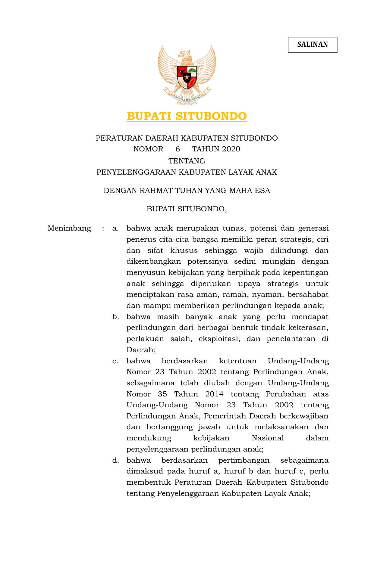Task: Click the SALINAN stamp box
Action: (313, 45)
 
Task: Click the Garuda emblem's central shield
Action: (187, 77)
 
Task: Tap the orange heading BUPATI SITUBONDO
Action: (187, 116)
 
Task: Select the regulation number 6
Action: (178, 149)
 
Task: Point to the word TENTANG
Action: (187, 161)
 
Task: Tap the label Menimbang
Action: (69, 228)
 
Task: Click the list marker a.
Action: (115, 228)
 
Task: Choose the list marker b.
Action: (115, 317)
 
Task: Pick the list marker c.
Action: (115, 361)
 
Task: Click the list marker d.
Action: (115, 460)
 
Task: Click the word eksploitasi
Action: (219, 339)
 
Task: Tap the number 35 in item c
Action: (162, 394)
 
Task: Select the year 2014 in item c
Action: (215, 394)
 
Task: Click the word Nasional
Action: (268, 438)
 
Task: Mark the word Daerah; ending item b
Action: (141, 350)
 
